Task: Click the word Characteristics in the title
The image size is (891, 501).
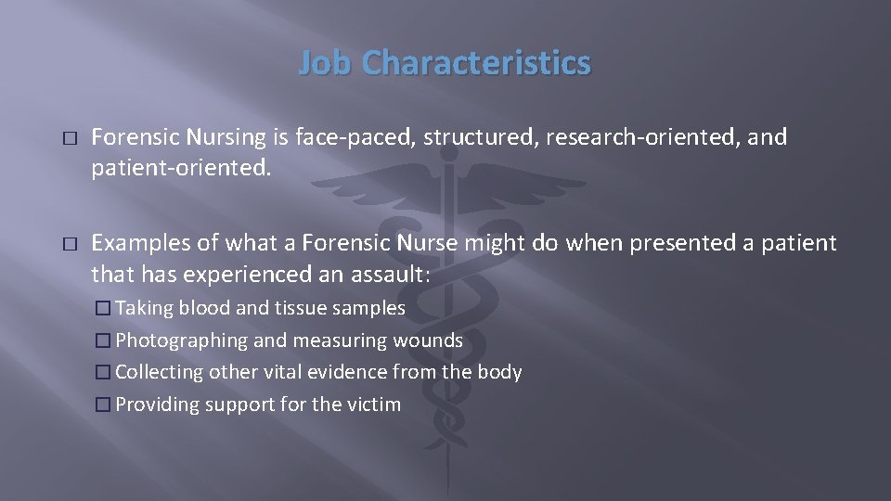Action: [x=476, y=62]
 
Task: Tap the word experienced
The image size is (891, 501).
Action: [x=241, y=275]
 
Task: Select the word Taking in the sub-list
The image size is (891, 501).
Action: [x=144, y=307]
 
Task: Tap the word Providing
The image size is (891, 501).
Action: [x=153, y=405]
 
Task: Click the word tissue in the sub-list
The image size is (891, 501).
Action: [x=286, y=307]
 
